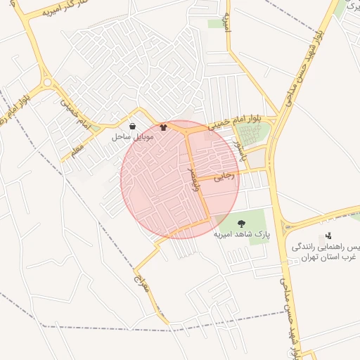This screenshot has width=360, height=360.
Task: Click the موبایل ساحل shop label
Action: click(131, 139)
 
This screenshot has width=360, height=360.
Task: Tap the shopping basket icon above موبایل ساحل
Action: click(132, 127)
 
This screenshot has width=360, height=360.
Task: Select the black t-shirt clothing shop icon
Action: click(164, 128)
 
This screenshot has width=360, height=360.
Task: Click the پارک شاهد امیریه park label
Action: click(242, 233)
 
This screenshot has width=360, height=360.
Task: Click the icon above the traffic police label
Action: click(327, 236)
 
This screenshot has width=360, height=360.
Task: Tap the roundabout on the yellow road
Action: click(46, 82)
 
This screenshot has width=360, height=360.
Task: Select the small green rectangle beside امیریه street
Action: click(215, 24)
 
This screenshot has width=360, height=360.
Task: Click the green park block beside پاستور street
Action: click(251, 134)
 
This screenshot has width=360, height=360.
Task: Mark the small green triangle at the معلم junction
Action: click(96, 128)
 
